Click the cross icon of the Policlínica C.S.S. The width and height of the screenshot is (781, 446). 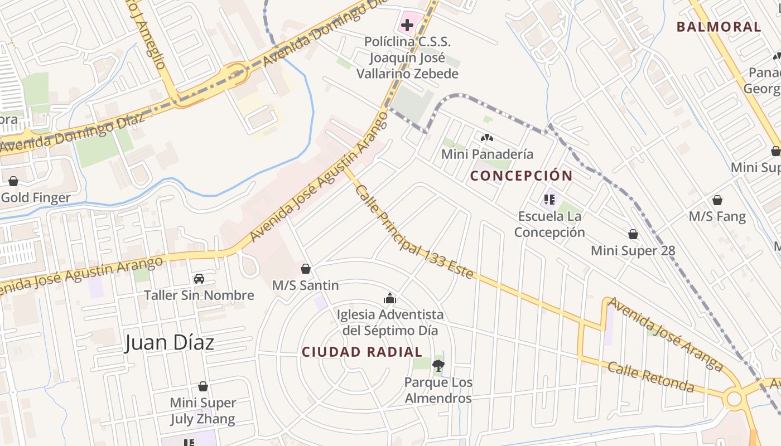click(407, 25)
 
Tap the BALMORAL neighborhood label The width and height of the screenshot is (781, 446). click(719, 27)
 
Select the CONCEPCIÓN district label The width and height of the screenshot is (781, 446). click(521, 176)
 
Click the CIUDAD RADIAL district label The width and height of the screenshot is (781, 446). click(361, 352)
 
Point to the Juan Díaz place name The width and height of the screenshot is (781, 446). click(170, 342)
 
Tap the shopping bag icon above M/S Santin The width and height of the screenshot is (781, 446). click(305, 269)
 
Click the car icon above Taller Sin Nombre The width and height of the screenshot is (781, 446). click(199, 279)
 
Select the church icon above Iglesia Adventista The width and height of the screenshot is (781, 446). click(390, 298)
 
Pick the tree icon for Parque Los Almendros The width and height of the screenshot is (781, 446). click(438, 366)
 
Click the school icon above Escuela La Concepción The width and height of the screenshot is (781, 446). click(549, 199)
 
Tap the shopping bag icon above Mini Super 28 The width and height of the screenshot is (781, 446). click(633, 234)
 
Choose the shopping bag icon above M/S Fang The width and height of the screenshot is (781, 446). click(717, 200)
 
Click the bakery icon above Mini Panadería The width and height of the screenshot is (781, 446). click(487, 137)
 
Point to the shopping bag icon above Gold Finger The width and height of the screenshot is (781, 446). click(13, 181)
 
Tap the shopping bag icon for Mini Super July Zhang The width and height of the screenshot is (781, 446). click(203, 386)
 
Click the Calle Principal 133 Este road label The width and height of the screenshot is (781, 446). click(414, 232)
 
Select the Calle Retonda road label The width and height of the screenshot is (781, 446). click(650, 377)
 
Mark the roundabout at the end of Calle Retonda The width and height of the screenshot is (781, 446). click(734, 399)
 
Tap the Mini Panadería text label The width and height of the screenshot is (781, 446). click(487, 154)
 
